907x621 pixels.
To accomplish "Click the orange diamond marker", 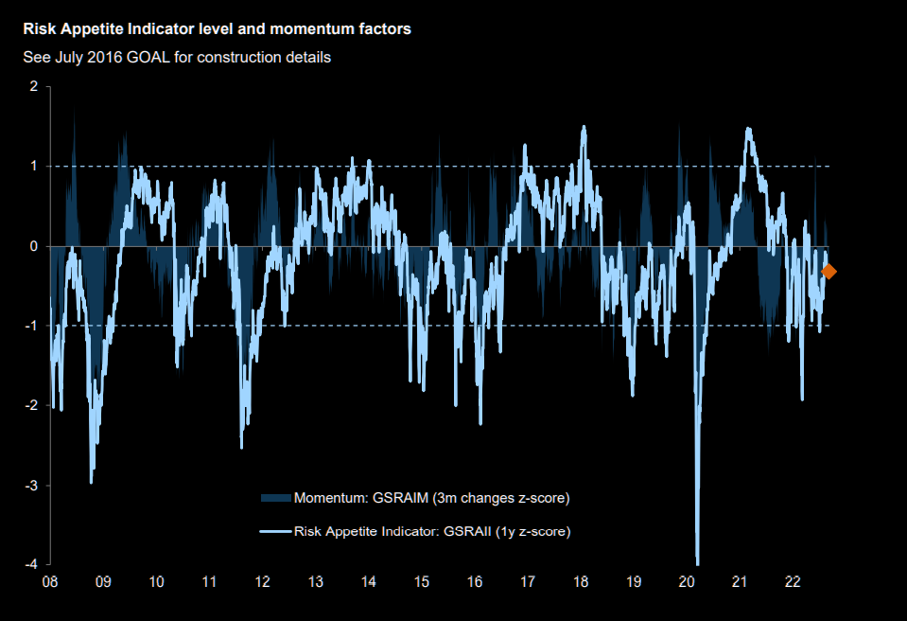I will pos(829,272).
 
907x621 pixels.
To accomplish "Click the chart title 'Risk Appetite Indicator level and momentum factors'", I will pos(218,29).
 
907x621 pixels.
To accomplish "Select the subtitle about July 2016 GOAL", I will pos(177,57).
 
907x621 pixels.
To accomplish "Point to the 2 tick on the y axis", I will pos(34,86).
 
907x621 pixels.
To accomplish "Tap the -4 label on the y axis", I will pos(31,565).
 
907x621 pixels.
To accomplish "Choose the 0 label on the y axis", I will pos(34,246).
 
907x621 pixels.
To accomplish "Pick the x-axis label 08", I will pos(49,582).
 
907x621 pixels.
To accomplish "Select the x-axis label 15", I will pos(422,582).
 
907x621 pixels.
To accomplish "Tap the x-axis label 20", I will pos(688,582).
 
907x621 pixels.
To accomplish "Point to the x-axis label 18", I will pos(582,582).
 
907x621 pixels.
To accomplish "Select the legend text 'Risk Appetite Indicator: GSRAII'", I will pos(432,531).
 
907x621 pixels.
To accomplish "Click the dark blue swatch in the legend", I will pos(275,498).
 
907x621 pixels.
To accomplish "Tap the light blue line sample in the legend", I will pos(275,531).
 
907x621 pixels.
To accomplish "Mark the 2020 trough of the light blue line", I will pos(698,562).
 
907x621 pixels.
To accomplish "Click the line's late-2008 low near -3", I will pos(92,481).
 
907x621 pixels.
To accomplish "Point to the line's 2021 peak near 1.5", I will pos(748,129).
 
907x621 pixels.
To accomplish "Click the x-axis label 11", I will pos(209,582).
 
